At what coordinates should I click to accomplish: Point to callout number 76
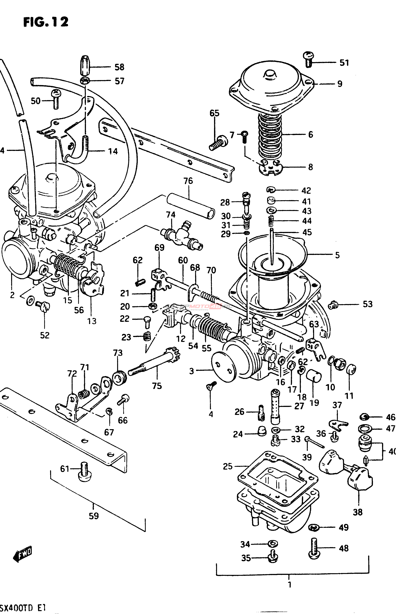click(188, 181)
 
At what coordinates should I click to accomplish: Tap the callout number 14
click(113, 151)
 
